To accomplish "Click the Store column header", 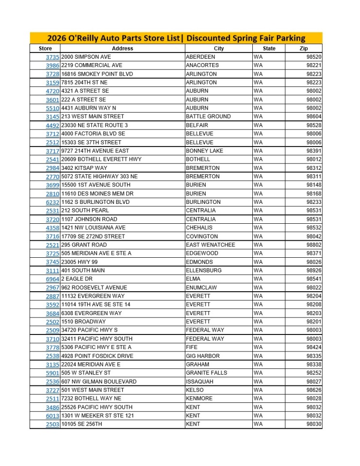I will pos(45,49).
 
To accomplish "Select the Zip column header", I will pos(304,49).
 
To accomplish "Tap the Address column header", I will pos(122,49).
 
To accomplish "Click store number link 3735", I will pos(52,57).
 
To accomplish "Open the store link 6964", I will pos(52,279).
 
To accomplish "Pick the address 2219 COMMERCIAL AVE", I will pos(92,66).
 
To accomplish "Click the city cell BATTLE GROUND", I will pos(208,116).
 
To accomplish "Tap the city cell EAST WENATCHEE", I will pos(210,245).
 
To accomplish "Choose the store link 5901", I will pos(52,373).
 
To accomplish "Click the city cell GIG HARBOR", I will pos(202,356).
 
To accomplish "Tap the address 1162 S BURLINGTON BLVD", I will pos(96,202).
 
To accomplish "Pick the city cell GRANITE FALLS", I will pos(206,373).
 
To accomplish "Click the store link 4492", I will pos(52,125).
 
